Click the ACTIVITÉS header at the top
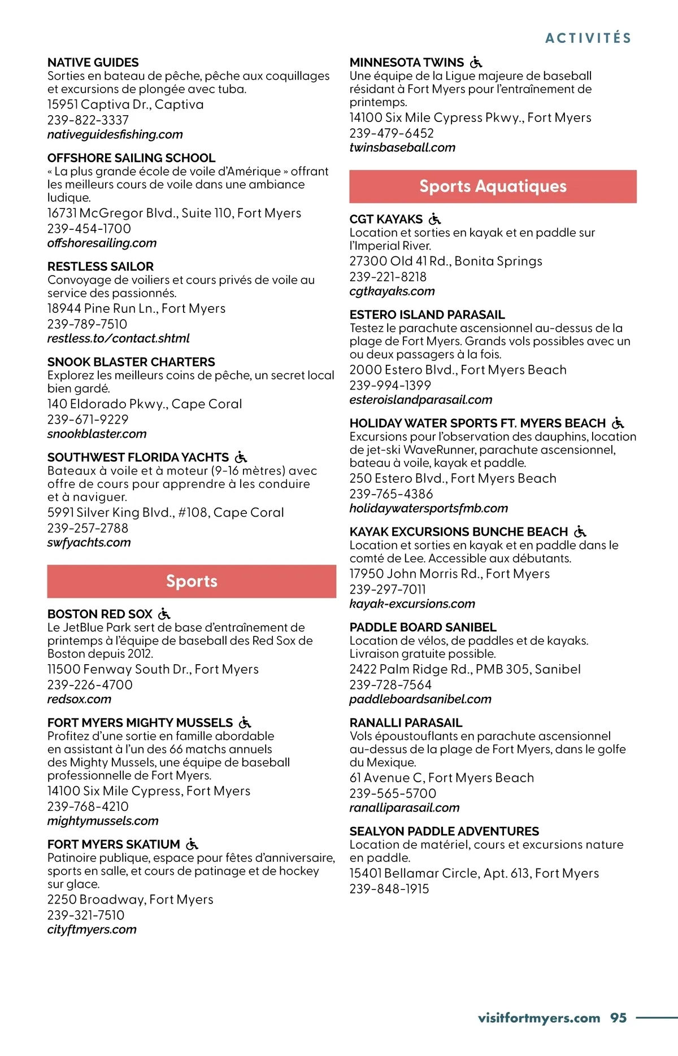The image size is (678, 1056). point(588,38)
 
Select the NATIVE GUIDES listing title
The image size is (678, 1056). point(93,63)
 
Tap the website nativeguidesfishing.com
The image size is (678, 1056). point(115,134)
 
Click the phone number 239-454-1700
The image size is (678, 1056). point(89,229)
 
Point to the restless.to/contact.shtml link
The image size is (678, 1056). point(118,338)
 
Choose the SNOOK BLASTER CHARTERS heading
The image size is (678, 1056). point(131,362)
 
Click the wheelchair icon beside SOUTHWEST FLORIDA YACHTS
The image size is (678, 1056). point(241,457)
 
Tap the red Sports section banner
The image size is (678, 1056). point(192,581)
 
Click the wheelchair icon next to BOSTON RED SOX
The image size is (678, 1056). point(164,614)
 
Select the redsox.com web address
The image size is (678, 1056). point(79,699)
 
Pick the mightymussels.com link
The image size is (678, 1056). point(103,821)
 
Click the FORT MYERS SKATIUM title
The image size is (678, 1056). point(114,845)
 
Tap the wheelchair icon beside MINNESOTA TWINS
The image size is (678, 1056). point(476,62)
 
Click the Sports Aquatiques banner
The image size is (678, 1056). point(493,186)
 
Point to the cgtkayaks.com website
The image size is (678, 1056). point(392,291)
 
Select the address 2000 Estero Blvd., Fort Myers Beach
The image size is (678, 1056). point(458,370)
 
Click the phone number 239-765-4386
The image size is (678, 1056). point(391,494)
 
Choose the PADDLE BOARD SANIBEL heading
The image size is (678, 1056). point(423,627)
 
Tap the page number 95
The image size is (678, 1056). point(618,1018)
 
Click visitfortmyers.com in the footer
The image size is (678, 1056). point(538,1018)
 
